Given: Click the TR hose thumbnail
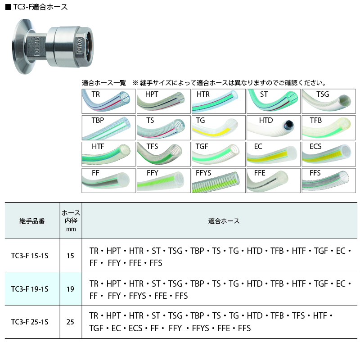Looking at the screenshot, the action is click(108, 101).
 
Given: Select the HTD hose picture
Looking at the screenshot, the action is click(274, 128).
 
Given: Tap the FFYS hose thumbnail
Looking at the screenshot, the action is click(219, 180).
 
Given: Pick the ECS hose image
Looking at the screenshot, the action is click(328, 154).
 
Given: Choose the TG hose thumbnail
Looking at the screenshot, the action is click(219, 128).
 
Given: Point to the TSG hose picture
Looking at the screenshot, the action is click(328, 101).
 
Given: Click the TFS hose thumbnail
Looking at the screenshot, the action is click(163, 154).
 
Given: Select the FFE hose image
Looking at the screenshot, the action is click(274, 180).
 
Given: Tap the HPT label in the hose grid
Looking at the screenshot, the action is click(152, 94).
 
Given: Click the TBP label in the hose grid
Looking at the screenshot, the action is click(98, 120).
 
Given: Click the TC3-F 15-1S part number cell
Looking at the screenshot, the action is click(30, 256).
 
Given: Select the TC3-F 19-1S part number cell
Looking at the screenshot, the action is click(30, 289).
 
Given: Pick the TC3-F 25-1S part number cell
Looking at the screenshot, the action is click(30, 322).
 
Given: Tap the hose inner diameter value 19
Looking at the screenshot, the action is click(70, 289).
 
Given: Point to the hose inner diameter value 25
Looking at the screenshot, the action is click(70, 322).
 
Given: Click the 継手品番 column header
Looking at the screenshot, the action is click(32, 221).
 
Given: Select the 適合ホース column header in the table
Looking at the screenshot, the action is click(224, 221).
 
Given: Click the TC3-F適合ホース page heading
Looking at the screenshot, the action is click(36, 7).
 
